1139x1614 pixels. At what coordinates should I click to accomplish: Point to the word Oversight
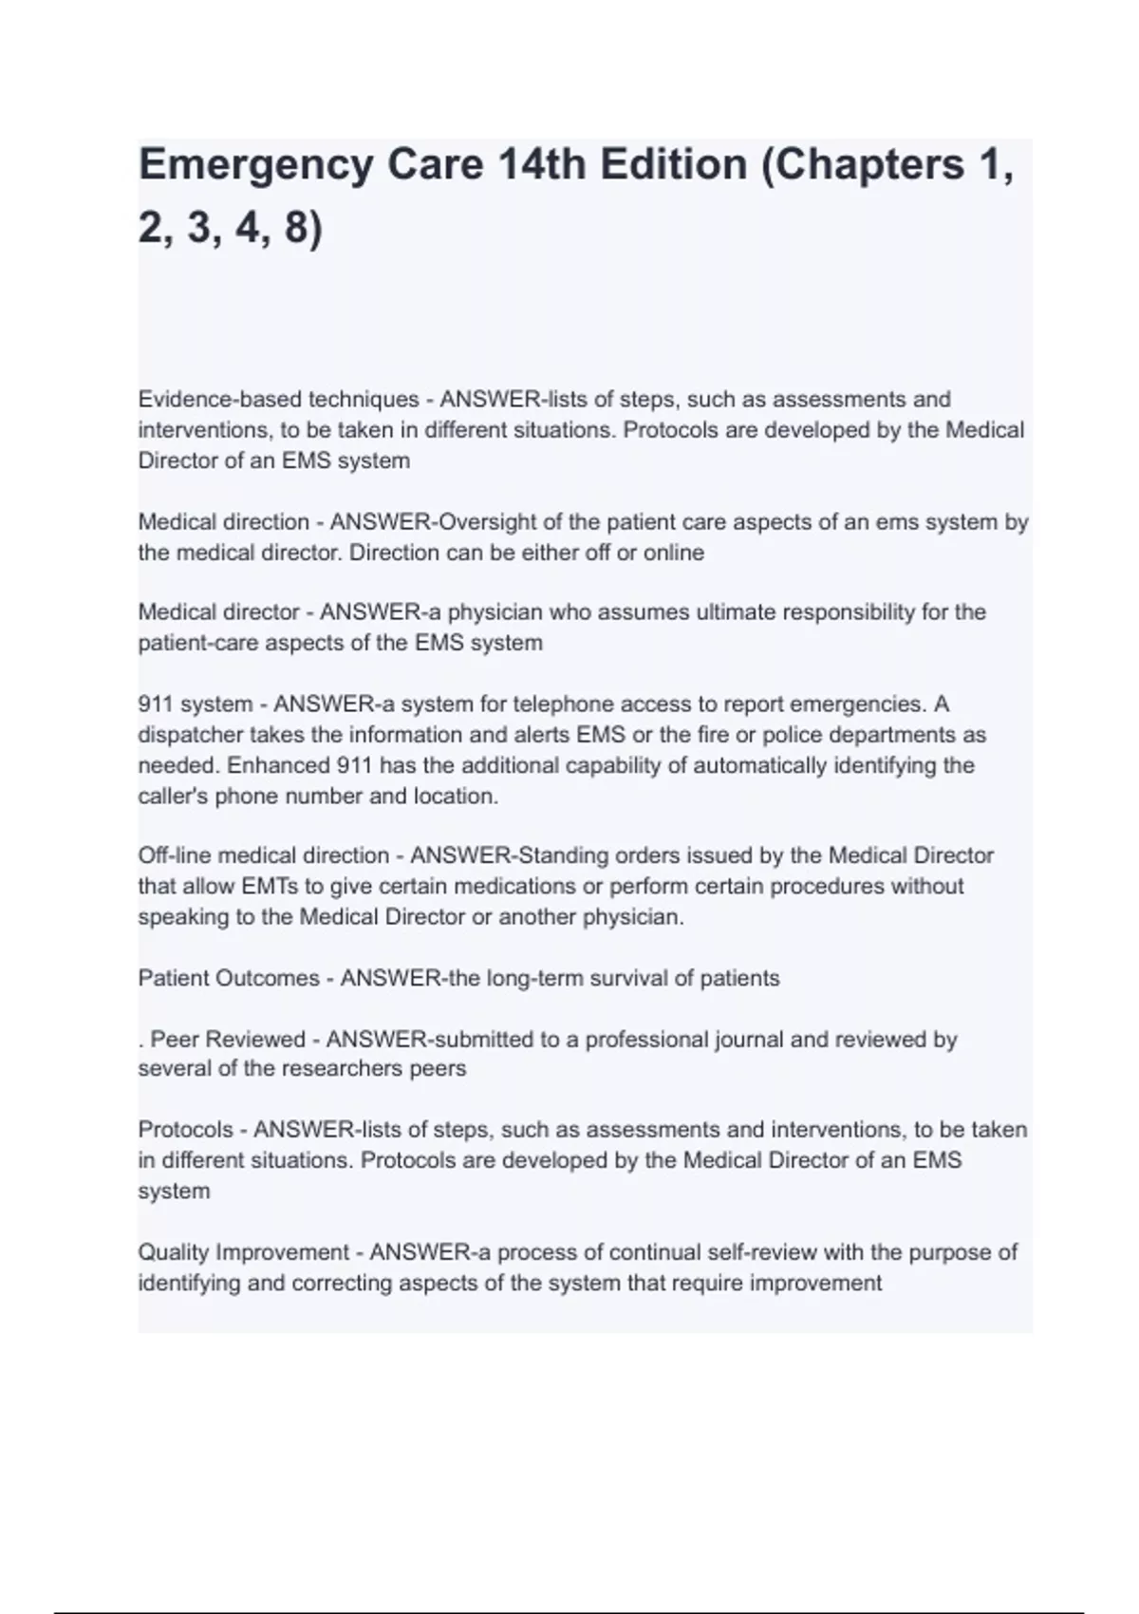491,522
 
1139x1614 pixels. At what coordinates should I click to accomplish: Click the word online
673,553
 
